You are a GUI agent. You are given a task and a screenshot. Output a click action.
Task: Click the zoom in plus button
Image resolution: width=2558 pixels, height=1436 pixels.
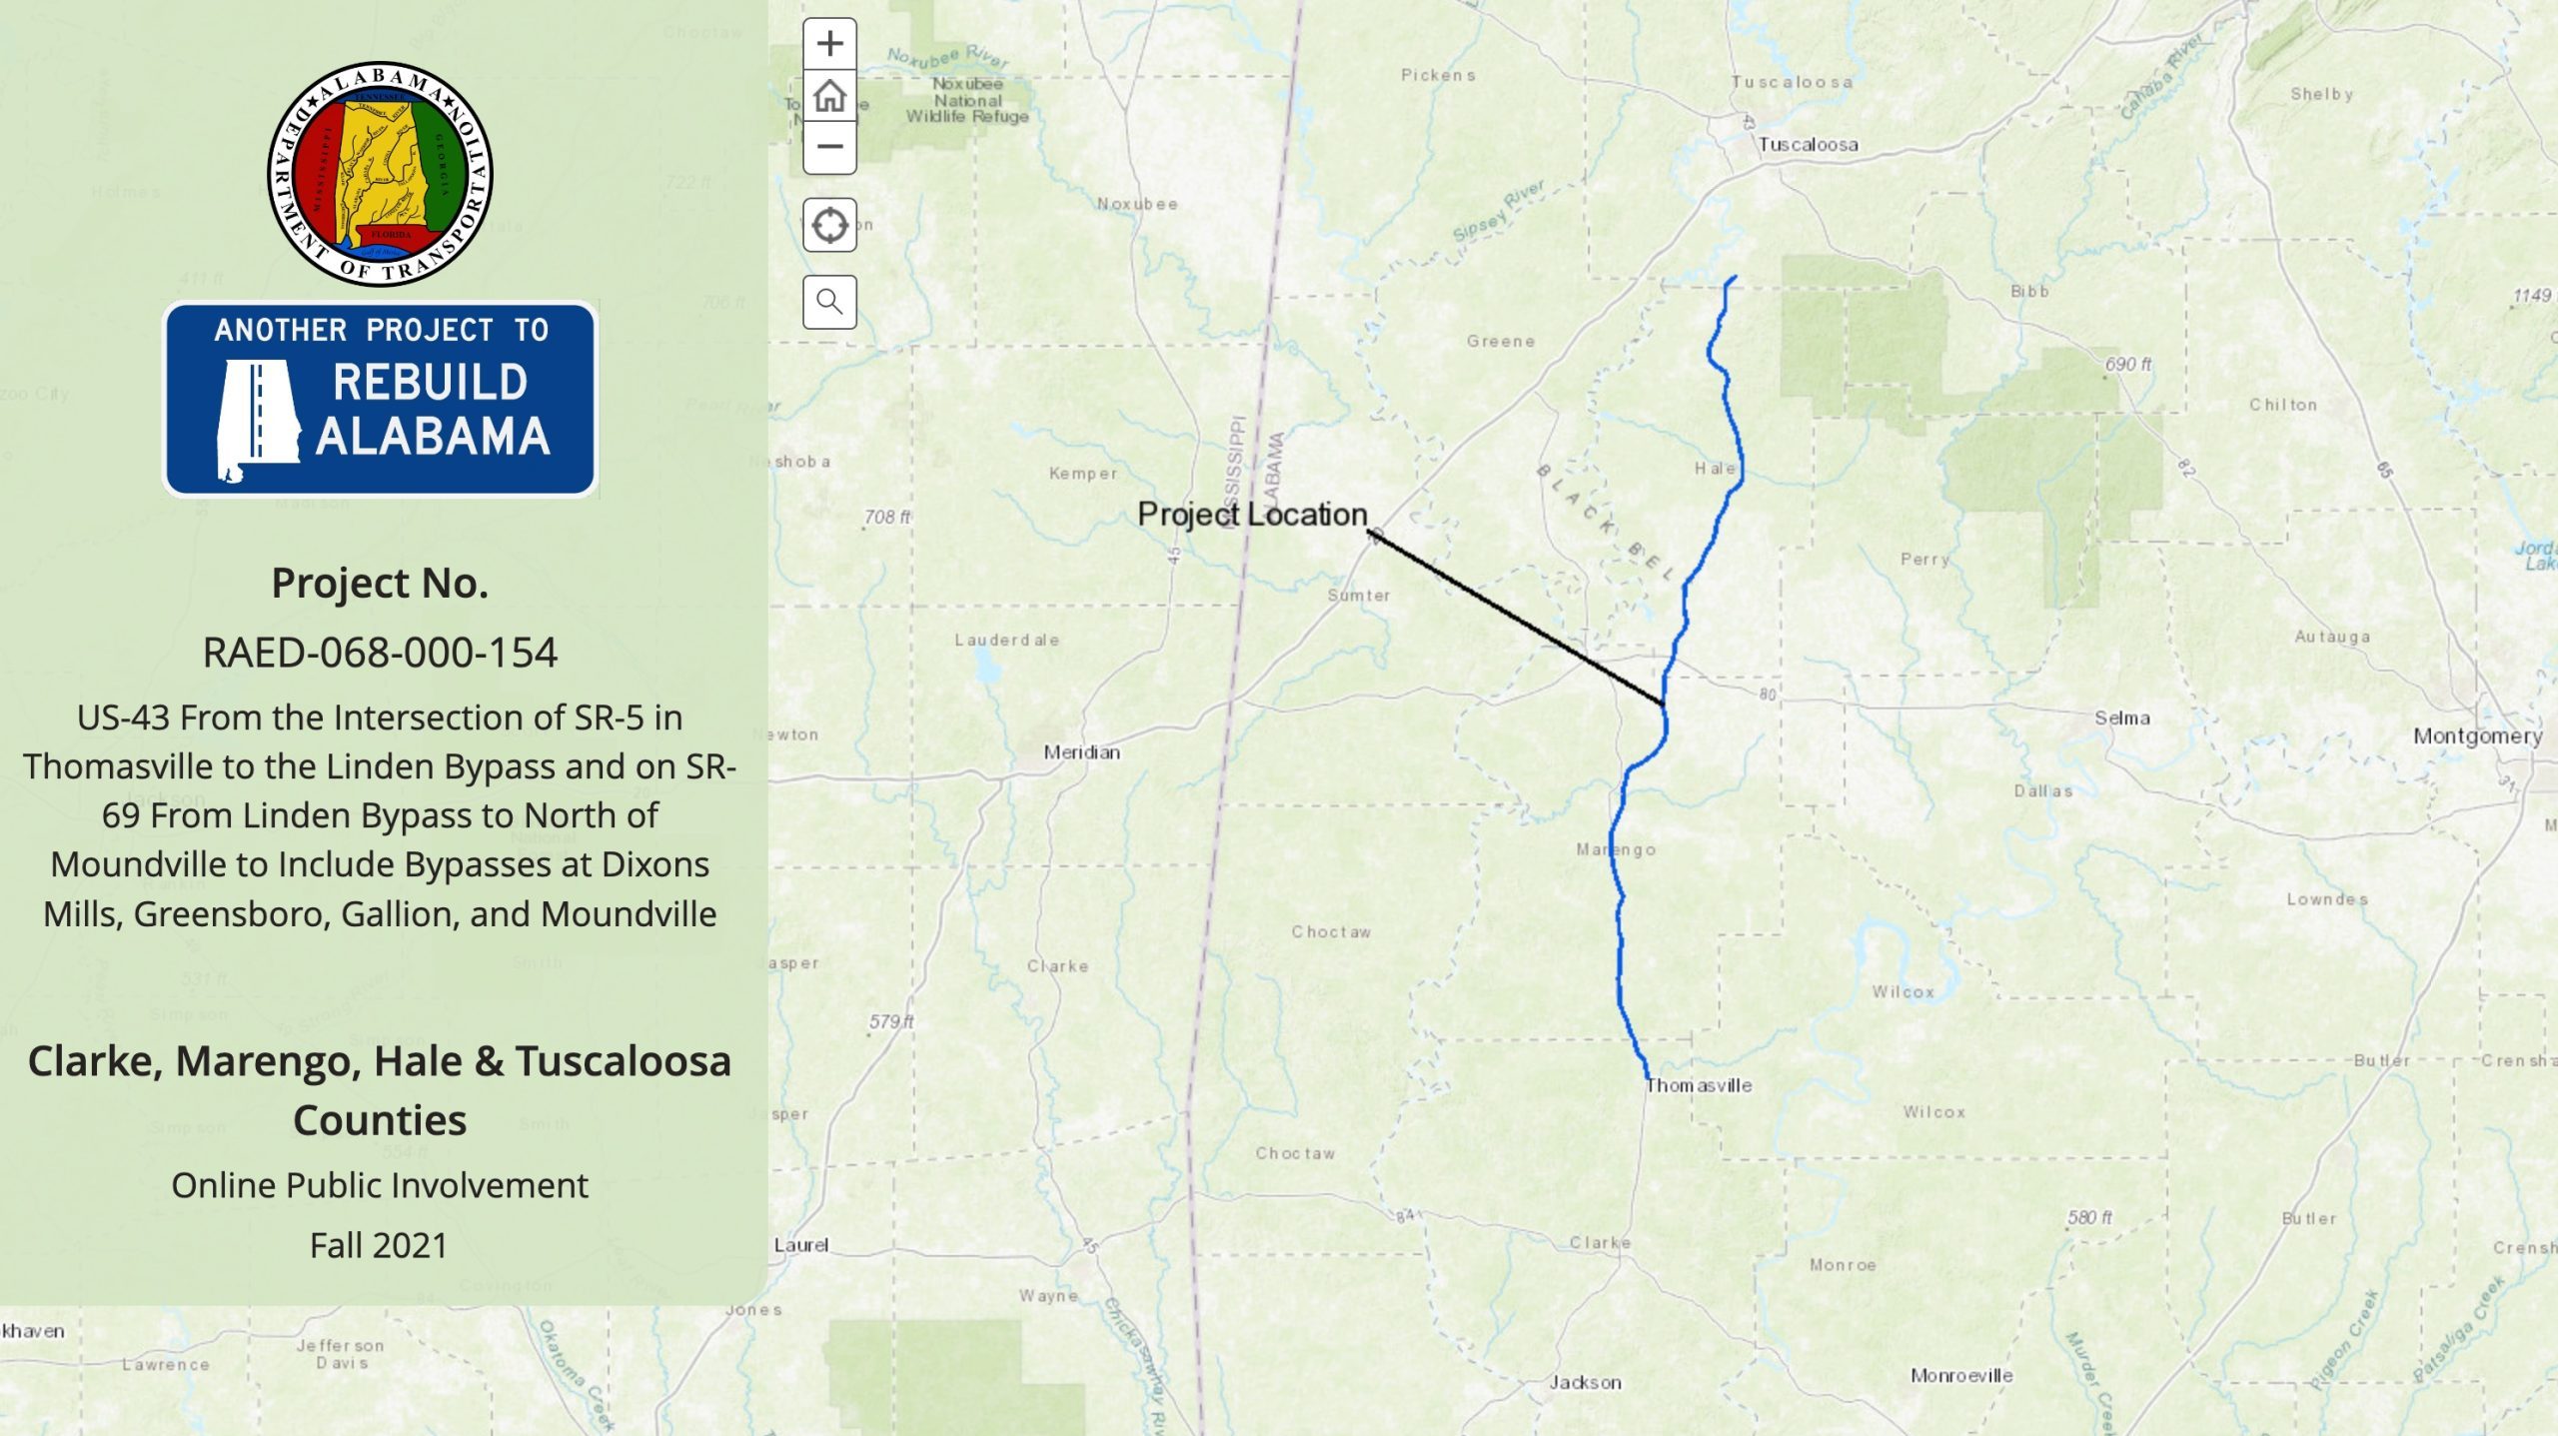click(829, 44)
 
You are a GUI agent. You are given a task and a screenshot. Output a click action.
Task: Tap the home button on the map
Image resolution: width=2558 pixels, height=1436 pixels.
click(829, 96)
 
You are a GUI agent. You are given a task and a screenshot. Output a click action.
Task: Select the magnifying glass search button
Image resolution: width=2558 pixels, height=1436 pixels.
click(829, 301)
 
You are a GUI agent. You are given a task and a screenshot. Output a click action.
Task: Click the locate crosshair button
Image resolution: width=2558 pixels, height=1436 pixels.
click(829, 225)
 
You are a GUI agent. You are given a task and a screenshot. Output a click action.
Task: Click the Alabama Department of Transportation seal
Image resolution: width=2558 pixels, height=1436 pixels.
click(380, 174)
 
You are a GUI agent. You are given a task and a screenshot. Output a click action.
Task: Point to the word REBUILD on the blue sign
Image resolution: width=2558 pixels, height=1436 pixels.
click(430, 382)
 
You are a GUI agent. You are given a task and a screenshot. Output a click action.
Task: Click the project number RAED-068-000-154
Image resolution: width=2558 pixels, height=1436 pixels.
click(380, 653)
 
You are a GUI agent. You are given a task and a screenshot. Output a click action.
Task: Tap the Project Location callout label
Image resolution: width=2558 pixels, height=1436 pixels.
click(1252, 514)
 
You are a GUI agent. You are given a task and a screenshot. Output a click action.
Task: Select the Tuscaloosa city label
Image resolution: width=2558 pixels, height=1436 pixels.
click(1808, 145)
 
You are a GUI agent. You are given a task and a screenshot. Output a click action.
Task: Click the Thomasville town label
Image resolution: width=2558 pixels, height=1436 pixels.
click(1699, 1085)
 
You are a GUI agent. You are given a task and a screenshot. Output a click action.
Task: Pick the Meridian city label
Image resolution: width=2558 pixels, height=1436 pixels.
click(1081, 751)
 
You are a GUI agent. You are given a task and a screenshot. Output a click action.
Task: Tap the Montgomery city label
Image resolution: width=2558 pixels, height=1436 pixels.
click(2477, 735)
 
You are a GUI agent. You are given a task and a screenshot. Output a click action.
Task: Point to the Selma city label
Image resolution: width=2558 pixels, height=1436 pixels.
click(2121, 718)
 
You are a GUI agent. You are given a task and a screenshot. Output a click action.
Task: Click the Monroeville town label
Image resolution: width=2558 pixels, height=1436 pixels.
click(1961, 1375)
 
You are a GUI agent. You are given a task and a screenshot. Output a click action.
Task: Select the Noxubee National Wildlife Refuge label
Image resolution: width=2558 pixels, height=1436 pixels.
click(967, 100)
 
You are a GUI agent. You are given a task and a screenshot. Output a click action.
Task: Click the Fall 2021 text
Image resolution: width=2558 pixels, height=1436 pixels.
click(379, 1245)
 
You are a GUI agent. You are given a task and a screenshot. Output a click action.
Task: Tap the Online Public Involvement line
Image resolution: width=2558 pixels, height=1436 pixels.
click(380, 1185)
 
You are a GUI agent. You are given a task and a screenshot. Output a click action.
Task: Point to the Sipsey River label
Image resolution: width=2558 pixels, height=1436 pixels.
click(1499, 211)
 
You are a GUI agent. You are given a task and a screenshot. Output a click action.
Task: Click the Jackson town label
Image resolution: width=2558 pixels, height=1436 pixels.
click(1585, 1382)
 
